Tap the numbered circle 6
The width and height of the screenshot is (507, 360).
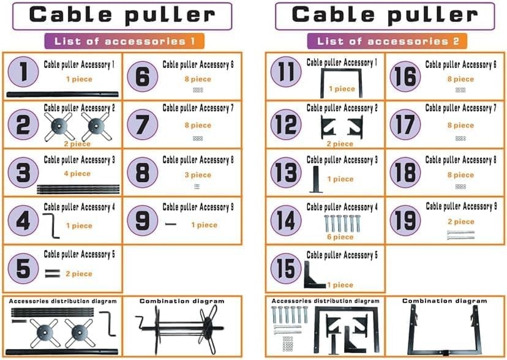pos(142,77)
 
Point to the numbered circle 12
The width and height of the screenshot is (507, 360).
pos(286,125)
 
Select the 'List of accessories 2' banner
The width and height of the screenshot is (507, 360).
pos(387,42)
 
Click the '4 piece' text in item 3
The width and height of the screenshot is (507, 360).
pos(78,174)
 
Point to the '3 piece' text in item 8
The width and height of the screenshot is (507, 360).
pos(197,175)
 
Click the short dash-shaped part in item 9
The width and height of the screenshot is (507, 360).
pos(170,225)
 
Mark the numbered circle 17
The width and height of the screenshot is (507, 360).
pos(405,125)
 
